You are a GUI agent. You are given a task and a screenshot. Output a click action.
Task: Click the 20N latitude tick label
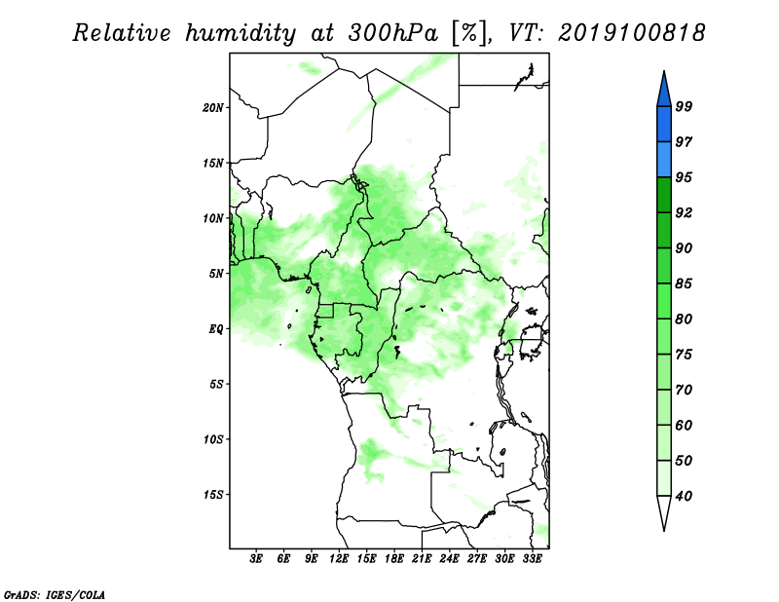(213, 108)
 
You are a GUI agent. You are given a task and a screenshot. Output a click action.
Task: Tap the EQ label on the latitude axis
(216, 329)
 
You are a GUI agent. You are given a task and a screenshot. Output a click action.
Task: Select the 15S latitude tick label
(213, 495)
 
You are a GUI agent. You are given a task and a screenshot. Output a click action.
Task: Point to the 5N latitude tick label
(216, 274)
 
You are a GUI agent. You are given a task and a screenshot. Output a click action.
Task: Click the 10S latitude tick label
(213, 440)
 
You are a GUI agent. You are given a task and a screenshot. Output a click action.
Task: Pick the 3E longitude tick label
(256, 559)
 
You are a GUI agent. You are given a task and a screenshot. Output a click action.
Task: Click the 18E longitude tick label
(394, 559)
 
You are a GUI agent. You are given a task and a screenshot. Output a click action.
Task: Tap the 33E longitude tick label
(532, 559)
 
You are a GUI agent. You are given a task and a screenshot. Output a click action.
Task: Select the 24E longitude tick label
(449, 559)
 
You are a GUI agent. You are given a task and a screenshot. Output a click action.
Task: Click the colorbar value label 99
(684, 106)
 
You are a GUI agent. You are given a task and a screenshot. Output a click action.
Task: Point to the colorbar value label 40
(684, 496)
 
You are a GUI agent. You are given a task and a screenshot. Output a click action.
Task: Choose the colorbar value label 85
(684, 283)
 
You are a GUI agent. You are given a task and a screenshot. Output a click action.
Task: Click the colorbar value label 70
(684, 390)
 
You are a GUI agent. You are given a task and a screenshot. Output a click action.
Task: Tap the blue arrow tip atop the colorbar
(664, 71)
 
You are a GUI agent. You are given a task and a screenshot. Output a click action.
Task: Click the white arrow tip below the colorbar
(664, 530)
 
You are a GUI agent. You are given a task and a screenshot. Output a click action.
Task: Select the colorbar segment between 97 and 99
(664, 125)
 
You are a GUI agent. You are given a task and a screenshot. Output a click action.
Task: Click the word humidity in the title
(241, 34)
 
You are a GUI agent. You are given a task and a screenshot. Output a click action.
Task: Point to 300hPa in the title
(393, 33)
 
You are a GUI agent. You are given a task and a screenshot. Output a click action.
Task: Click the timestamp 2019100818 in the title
(631, 33)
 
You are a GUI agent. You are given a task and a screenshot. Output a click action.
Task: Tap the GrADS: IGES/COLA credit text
(55, 594)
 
